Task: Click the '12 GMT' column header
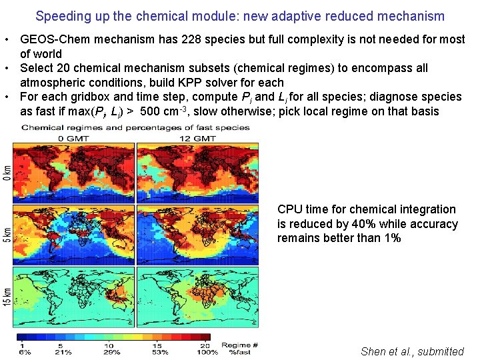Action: pyautogui.click(x=198, y=138)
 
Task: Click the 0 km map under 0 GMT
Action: pyautogui.click(x=75, y=172)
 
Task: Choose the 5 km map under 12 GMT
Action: pyautogui.click(x=201, y=234)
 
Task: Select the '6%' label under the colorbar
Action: pyautogui.click(x=25, y=351)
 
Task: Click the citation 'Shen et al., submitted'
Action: pyautogui.click(x=412, y=351)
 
